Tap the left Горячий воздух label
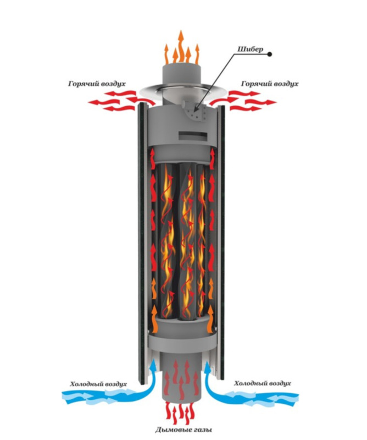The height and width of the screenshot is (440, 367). (x=97, y=84)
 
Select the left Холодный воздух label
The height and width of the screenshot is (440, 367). (x=99, y=383)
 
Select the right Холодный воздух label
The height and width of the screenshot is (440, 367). (x=262, y=383)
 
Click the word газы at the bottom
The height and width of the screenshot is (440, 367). (x=199, y=429)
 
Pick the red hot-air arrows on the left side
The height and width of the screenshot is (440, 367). (x=113, y=101)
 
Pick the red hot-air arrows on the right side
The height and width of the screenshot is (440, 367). (x=253, y=101)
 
